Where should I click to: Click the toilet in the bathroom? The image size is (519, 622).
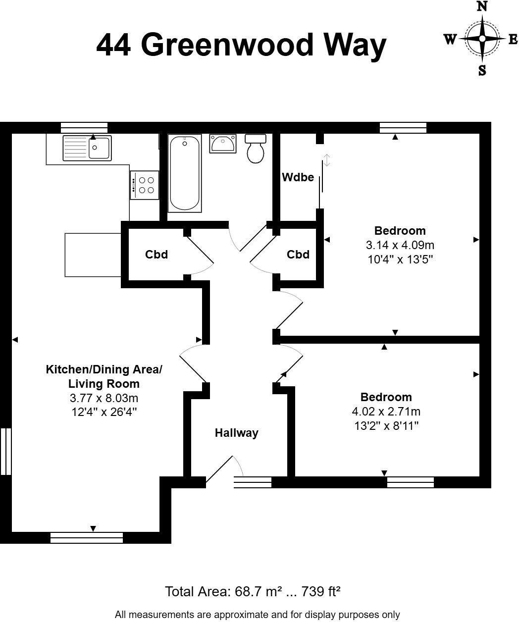(x=256, y=149)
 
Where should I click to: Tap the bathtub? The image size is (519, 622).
(x=185, y=173)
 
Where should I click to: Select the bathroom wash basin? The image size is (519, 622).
(x=223, y=144)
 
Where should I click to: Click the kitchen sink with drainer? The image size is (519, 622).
(x=87, y=147)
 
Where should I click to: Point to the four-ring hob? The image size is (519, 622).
(x=145, y=185)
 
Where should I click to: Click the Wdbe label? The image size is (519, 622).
(x=298, y=177)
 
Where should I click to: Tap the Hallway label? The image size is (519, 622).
(x=236, y=433)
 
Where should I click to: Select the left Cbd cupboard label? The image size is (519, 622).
(x=156, y=255)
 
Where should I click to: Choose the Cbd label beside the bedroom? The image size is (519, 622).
(x=298, y=255)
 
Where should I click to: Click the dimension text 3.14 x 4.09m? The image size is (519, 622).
(x=400, y=245)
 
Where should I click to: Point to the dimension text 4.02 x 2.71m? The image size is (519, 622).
(x=386, y=412)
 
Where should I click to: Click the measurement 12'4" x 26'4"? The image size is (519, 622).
(x=104, y=412)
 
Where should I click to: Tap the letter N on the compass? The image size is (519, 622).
(x=482, y=7)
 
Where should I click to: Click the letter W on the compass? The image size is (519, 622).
(x=450, y=40)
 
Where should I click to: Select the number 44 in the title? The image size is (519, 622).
(x=114, y=46)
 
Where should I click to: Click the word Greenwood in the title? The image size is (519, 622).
(x=228, y=46)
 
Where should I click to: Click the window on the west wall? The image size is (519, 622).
(x=5, y=451)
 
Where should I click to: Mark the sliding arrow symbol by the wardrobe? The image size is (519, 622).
(x=326, y=160)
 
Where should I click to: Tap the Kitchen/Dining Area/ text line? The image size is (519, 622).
(x=104, y=369)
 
